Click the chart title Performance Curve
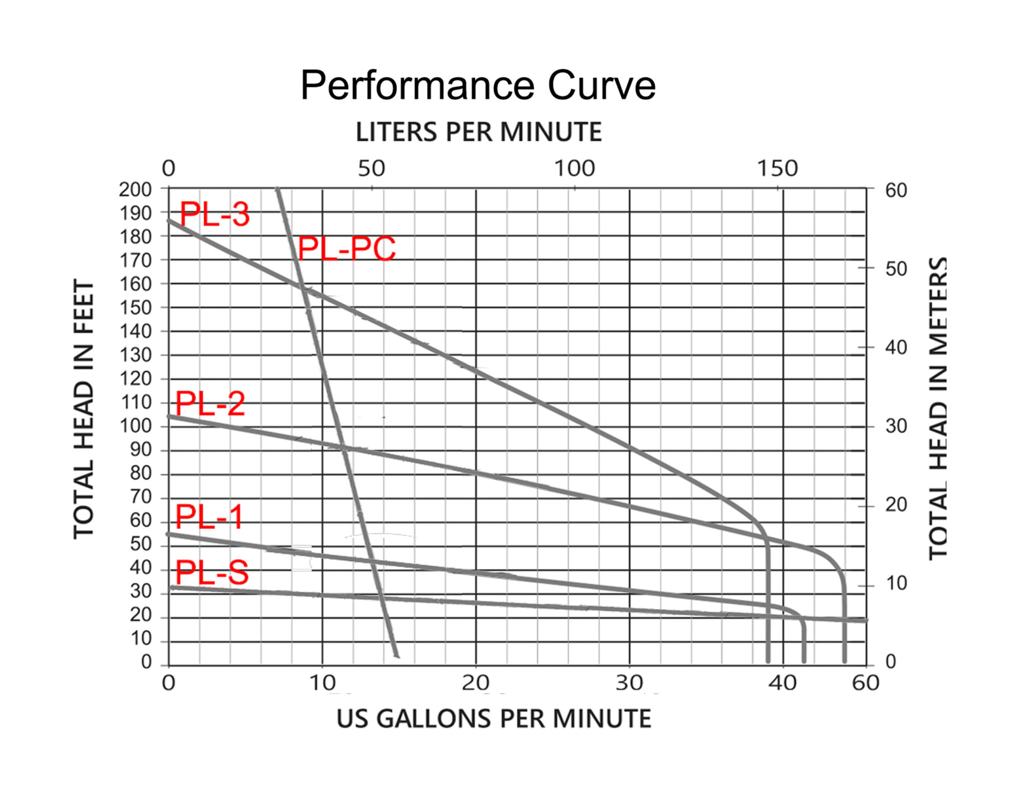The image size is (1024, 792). [478, 85]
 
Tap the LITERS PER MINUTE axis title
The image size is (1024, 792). [478, 132]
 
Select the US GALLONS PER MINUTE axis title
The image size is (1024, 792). [493, 718]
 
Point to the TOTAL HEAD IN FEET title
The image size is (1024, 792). [84, 409]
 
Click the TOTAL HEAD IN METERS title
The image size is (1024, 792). [939, 409]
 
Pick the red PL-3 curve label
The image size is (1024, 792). [214, 215]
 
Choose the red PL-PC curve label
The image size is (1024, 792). [347, 249]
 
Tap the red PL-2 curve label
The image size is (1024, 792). [210, 403]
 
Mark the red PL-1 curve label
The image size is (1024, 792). [209, 517]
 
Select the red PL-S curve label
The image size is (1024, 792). [212, 573]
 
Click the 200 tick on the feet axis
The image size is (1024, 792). [135, 189]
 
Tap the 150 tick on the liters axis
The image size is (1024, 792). [777, 169]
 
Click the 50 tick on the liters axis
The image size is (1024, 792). [371, 169]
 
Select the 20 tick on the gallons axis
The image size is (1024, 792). [475, 683]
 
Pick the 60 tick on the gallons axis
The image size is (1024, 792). [865, 683]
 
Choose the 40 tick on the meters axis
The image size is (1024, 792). [896, 347]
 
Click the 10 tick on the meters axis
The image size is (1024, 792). [896, 583]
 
